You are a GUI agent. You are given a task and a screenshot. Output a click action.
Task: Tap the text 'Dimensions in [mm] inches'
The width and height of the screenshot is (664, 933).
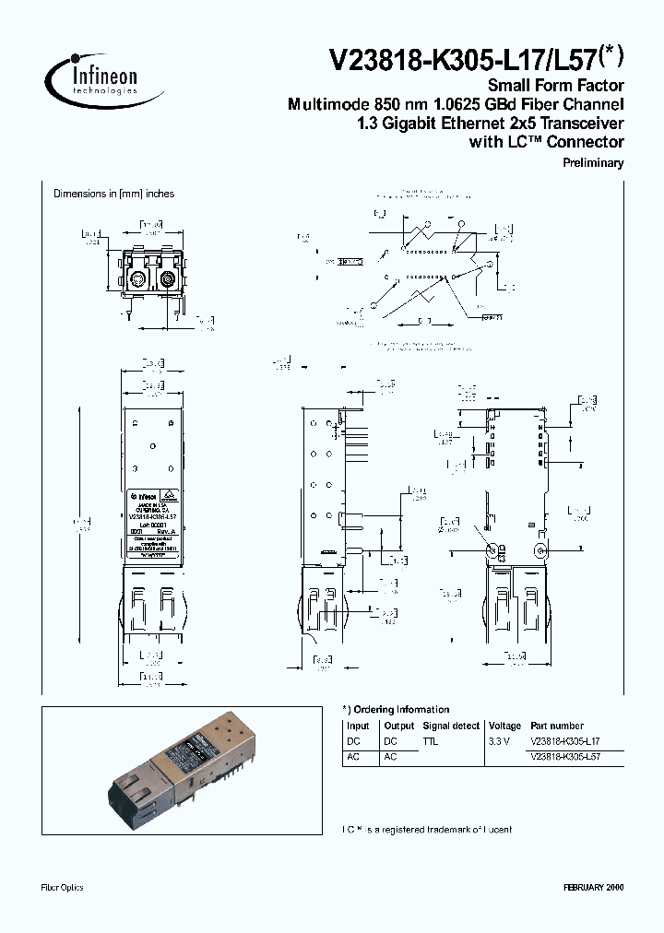click(x=113, y=194)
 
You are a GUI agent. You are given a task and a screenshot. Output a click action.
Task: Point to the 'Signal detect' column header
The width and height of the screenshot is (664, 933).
click(x=450, y=726)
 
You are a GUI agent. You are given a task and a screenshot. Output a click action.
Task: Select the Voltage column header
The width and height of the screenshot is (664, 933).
click(x=504, y=726)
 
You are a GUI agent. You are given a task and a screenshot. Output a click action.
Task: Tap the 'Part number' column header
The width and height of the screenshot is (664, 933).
click(x=557, y=726)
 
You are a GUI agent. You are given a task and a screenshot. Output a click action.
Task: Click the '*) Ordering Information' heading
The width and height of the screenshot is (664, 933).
click(x=396, y=709)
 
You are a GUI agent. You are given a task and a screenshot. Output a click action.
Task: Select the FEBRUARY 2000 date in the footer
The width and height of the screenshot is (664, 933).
click(x=593, y=887)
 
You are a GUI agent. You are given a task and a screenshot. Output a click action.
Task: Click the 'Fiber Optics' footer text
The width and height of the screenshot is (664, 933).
click(x=63, y=887)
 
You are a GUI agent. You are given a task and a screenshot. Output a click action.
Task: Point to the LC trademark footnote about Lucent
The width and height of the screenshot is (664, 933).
click(x=427, y=830)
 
